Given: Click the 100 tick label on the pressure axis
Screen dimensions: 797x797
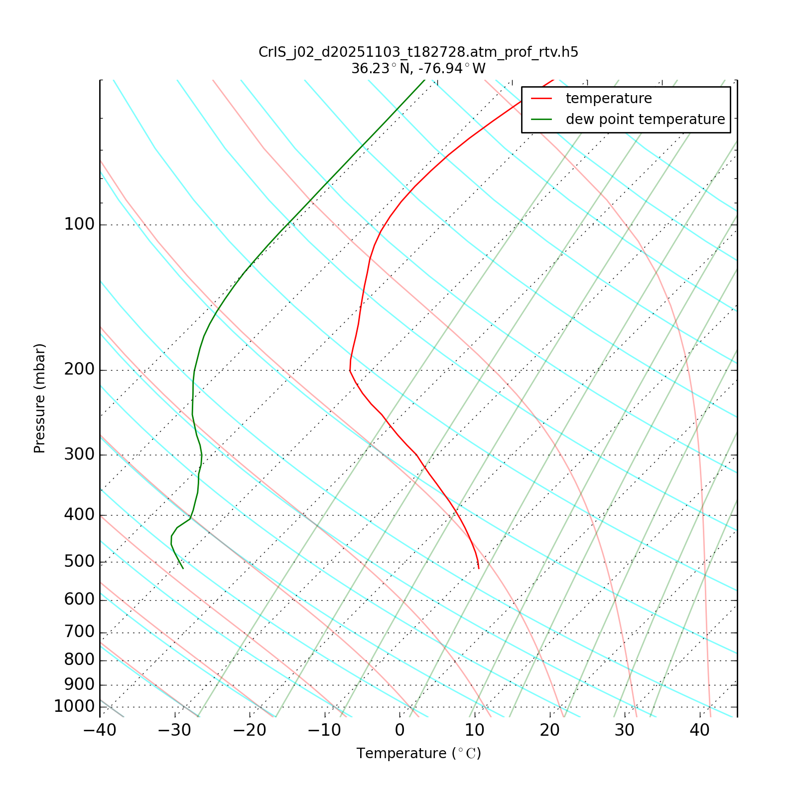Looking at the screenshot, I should tap(79, 225).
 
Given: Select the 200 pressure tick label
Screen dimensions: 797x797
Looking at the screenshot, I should tap(79, 370).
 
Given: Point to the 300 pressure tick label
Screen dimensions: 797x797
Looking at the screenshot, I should tap(79, 455).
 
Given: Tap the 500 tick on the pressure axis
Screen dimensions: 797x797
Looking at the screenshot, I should tap(79, 562).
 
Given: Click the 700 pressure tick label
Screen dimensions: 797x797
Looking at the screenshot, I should tap(79, 632).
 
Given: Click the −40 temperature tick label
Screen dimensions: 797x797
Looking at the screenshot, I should tap(100, 731).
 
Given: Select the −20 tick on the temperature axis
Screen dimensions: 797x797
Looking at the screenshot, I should tap(250, 731).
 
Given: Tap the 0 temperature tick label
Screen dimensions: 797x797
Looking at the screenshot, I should tap(399, 731).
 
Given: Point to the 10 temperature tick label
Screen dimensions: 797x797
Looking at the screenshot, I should tap(475, 731).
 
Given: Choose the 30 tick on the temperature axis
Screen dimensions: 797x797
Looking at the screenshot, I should tap(625, 731).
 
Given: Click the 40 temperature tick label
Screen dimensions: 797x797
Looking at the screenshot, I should tap(699, 731).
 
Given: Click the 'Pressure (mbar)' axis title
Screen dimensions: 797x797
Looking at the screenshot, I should tap(40, 398).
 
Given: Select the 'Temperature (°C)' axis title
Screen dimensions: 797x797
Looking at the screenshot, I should tap(418, 754).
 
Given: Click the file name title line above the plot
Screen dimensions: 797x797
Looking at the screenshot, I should tap(418, 52).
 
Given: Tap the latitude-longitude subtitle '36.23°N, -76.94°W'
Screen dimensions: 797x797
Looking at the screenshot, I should tap(418, 69).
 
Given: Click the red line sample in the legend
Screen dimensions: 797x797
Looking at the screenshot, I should tap(541, 99).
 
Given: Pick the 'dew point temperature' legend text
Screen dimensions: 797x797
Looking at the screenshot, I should tap(645, 120).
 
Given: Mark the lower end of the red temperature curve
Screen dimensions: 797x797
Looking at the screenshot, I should tap(479, 568).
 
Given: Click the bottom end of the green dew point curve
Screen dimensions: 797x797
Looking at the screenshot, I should tap(183, 568).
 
